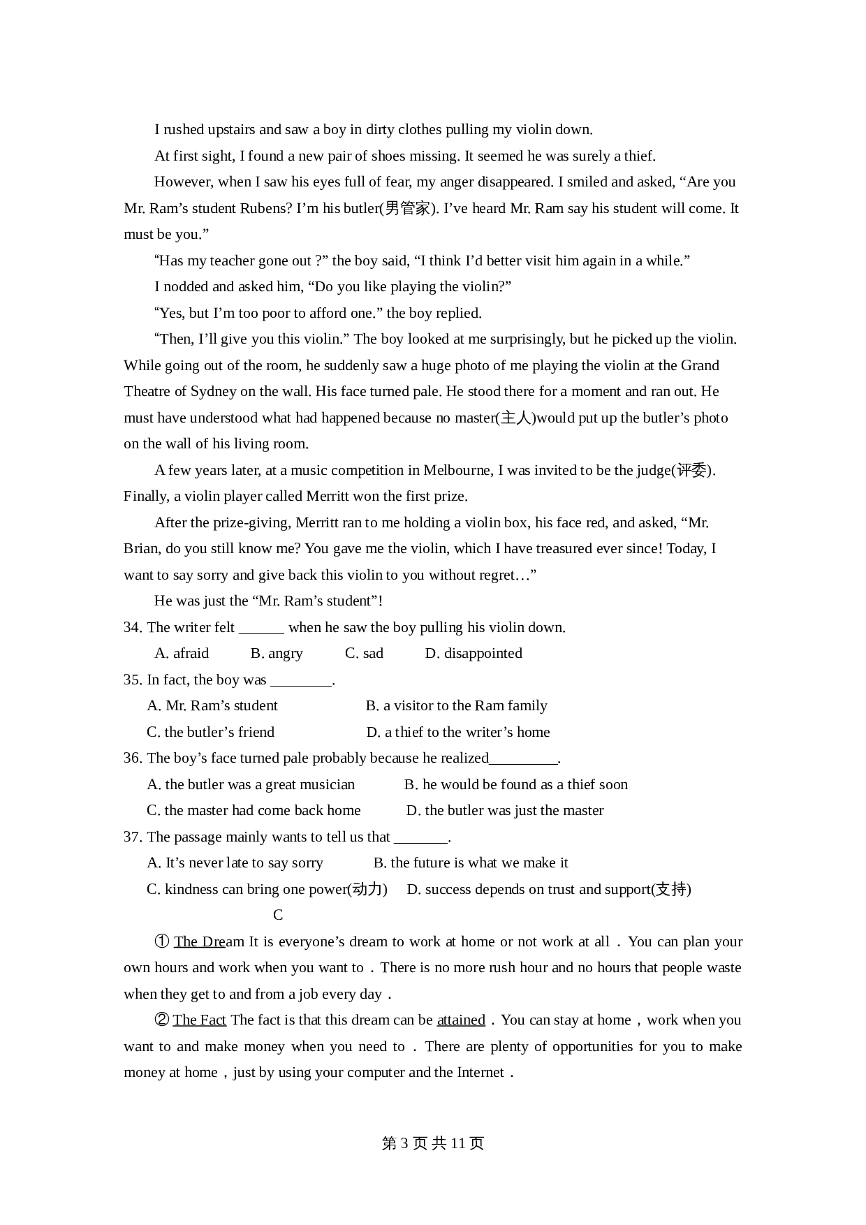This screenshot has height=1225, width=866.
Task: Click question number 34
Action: click(x=133, y=627)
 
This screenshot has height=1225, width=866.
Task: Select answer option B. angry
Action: click(x=277, y=653)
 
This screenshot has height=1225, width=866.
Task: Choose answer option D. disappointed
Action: click(x=474, y=653)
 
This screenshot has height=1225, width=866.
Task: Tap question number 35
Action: click(x=133, y=680)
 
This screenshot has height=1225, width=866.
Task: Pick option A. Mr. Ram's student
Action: click(x=212, y=705)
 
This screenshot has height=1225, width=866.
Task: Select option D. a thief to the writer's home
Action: click(x=458, y=732)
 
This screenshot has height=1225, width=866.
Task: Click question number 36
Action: click(x=133, y=758)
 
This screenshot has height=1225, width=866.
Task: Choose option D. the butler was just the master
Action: click(x=505, y=810)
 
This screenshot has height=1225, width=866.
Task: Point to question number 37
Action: click(x=133, y=837)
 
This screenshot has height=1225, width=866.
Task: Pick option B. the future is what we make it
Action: click(x=471, y=863)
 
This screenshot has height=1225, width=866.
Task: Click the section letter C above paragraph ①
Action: click(x=278, y=915)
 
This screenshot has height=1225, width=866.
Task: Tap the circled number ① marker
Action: click(x=162, y=941)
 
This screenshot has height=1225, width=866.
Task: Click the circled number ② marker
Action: click(x=162, y=1020)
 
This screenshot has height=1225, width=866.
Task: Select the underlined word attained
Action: click(x=461, y=1020)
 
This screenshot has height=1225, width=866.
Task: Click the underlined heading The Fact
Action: click(x=200, y=1020)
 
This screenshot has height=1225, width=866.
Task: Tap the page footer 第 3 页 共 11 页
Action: click(x=433, y=1143)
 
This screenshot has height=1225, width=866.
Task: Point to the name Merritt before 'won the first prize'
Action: click(x=330, y=496)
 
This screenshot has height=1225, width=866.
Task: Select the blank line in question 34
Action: click(x=261, y=627)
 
